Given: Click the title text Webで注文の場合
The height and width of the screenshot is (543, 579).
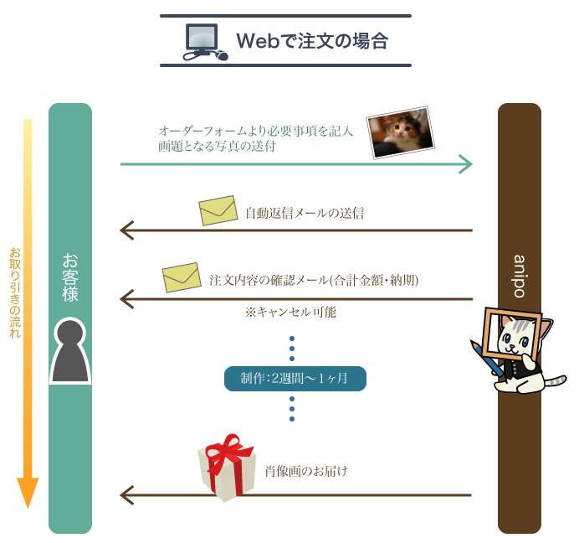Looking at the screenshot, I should (x=311, y=40).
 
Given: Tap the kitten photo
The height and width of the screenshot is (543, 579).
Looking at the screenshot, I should (x=401, y=132).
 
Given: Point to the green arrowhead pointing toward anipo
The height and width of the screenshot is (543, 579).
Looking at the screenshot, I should (x=466, y=164).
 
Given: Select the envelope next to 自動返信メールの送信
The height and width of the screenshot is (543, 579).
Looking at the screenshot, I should (x=218, y=211).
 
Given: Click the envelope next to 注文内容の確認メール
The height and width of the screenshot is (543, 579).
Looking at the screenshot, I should (x=182, y=277).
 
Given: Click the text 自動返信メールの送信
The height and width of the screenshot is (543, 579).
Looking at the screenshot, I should (x=305, y=213).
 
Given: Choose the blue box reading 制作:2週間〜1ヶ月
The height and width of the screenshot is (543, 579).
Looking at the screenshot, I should (x=295, y=378).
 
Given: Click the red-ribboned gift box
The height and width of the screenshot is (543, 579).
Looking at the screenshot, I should (x=227, y=468).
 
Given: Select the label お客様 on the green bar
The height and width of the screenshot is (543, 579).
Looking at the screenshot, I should (x=70, y=277).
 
